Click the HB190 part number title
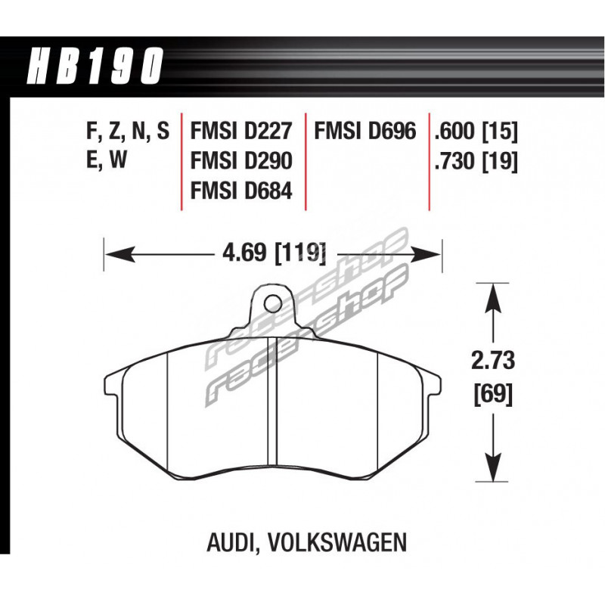coord(95,66)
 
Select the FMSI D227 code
coord(241,131)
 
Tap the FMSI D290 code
coord(241,160)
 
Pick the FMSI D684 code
coord(241,191)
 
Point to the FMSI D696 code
coord(365,131)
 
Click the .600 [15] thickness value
coord(476,131)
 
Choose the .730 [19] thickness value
coord(476,161)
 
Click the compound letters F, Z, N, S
coord(128,132)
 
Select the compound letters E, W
coord(107,160)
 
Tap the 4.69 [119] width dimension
coord(274,254)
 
